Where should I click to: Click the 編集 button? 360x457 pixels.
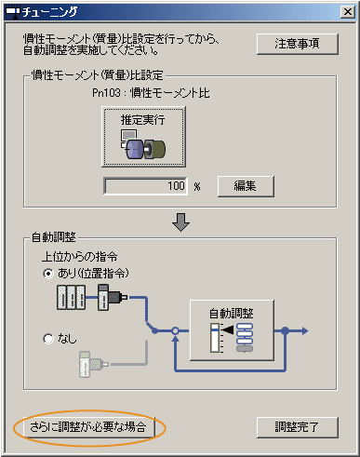click(247, 185)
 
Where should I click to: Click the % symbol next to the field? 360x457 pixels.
click(197, 186)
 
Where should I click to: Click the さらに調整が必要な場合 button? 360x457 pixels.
click(89, 427)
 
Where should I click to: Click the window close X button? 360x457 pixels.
click(342, 11)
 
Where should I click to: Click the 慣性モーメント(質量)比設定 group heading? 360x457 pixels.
click(94, 74)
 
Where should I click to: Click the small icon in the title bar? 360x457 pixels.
click(12, 11)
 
